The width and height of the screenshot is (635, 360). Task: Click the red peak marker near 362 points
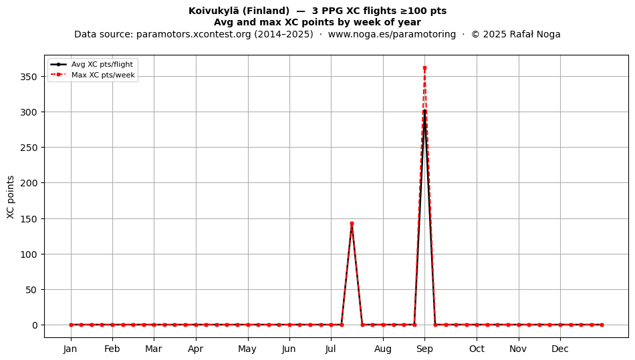pyautogui.click(x=424, y=68)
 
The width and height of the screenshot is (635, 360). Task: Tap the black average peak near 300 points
pyautogui.click(x=424, y=111)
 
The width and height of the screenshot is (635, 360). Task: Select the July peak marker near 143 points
pyautogui.click(x=352, y=223)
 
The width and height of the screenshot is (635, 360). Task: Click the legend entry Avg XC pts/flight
pyautogui.click(x=102, y=64)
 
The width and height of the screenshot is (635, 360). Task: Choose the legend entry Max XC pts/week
pyautogui.click(x=103, y=75)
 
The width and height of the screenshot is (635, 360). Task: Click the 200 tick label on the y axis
pyautogui.click(x=29, y=183)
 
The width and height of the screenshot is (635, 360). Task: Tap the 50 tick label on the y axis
pyautogui.click(x=31, y=290)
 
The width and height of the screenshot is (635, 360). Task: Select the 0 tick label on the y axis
pyautogui.click(x=35, y=325)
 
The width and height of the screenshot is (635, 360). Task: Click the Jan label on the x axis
pyautogui.click(x=70, y=349)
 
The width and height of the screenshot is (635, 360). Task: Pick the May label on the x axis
pyautogui.click(x=247, y=349)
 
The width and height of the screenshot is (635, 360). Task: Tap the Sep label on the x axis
pyautogui.click(x=424, y=349)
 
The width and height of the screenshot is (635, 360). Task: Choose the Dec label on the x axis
pyautogui.click(x=560, y=349)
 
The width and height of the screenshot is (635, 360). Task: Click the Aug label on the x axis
pyautogui.click(x=383, y=349)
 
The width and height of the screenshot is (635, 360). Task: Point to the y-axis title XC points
pyautogui.click(x=11, y=197)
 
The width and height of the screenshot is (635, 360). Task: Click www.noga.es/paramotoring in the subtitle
pyautogui.click(x=392, y=34)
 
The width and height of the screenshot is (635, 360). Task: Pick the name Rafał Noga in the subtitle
pyautogui.click(x=535, y=34)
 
